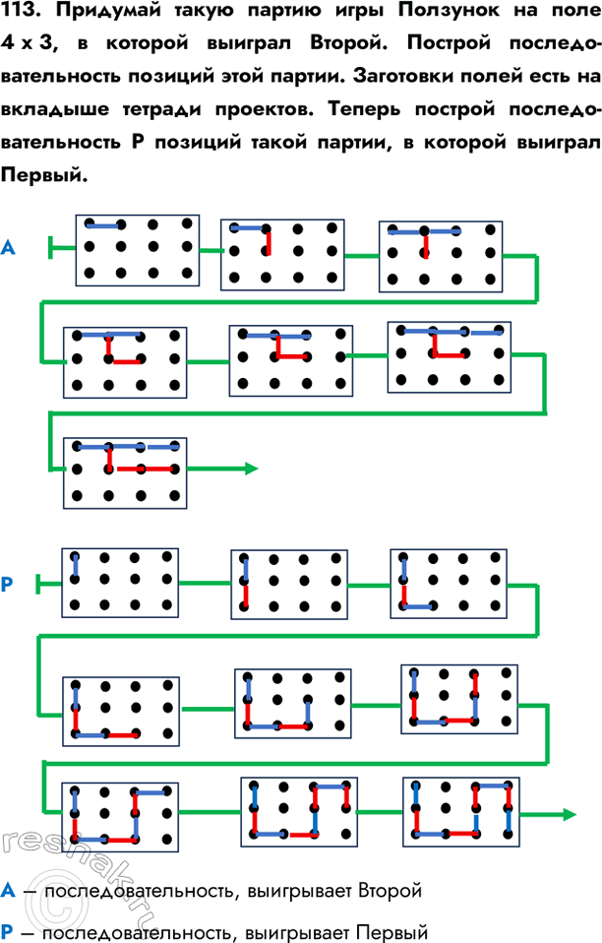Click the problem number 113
coord(24,16)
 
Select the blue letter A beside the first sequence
coord(9,249)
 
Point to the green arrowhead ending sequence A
coord(251,469)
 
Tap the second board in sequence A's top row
coord(282,253)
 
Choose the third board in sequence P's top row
coord(448,585)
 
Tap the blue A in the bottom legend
coord(9,892)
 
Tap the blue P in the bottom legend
coord(9,928)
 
